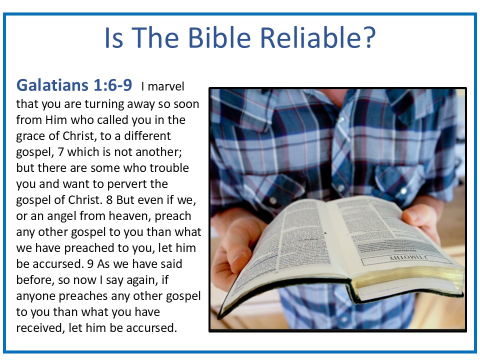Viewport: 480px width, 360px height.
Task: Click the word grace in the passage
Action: pos(31,136)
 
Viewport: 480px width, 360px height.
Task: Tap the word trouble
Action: pos(167,168)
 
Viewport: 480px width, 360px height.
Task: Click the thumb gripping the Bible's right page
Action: pos(416,215)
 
